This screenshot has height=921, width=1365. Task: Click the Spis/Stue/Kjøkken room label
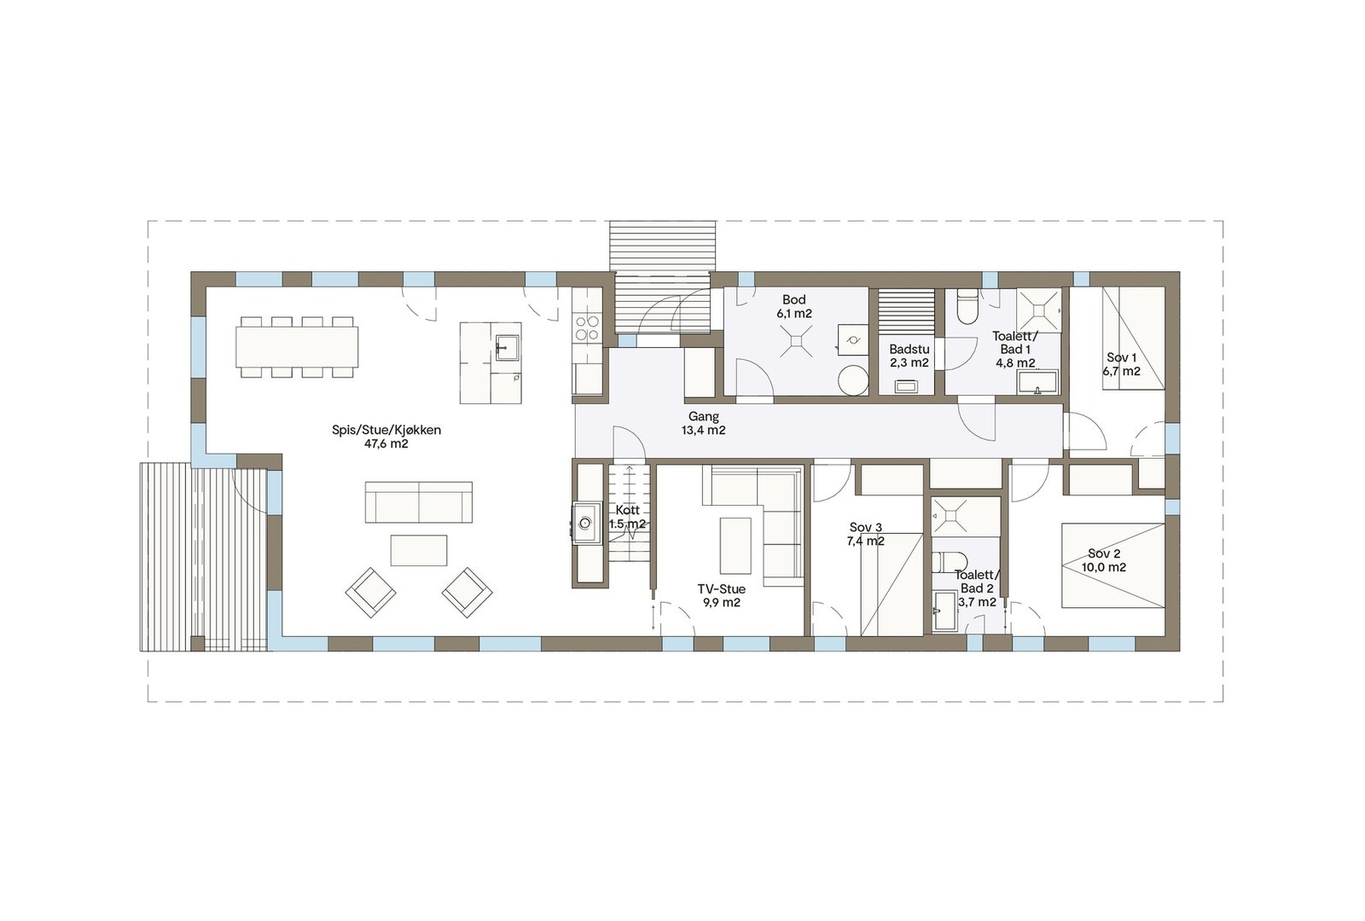(386, 430)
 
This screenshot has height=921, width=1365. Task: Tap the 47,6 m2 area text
(386, 444)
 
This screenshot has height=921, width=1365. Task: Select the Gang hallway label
(704, 417)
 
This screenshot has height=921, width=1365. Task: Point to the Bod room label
(794, 299)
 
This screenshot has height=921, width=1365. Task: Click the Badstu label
(909, 350)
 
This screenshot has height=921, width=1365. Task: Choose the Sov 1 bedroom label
(1121, 357)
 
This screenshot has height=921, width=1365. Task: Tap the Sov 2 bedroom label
(1104, 553)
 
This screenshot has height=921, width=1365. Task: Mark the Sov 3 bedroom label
(865, 527)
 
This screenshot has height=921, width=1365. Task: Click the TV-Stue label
(722, 589)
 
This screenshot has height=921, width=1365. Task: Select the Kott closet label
(627, 510)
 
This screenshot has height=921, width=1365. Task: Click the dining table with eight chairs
(297, 347)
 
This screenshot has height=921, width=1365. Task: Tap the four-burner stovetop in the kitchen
(587, 328)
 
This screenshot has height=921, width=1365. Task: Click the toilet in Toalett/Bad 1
(967, 309)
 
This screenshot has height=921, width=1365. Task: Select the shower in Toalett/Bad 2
(950, 515)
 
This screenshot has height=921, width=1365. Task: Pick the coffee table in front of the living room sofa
(418, 550)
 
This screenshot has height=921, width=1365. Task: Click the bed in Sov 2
(1112, 565)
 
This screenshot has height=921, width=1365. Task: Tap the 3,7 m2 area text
(977, 602)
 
